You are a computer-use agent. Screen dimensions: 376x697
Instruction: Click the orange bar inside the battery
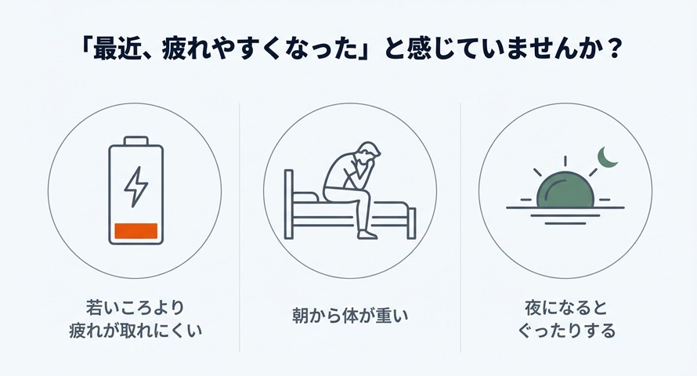(x=136, y=231)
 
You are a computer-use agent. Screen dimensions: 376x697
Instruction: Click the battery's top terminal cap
(x=136, y=141)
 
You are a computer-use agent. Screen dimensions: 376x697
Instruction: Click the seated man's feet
(x=367, y=233)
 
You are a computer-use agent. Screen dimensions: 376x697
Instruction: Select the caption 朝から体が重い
(x=349, y=317)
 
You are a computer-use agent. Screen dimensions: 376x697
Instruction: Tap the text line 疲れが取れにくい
(x=135, y=330)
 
